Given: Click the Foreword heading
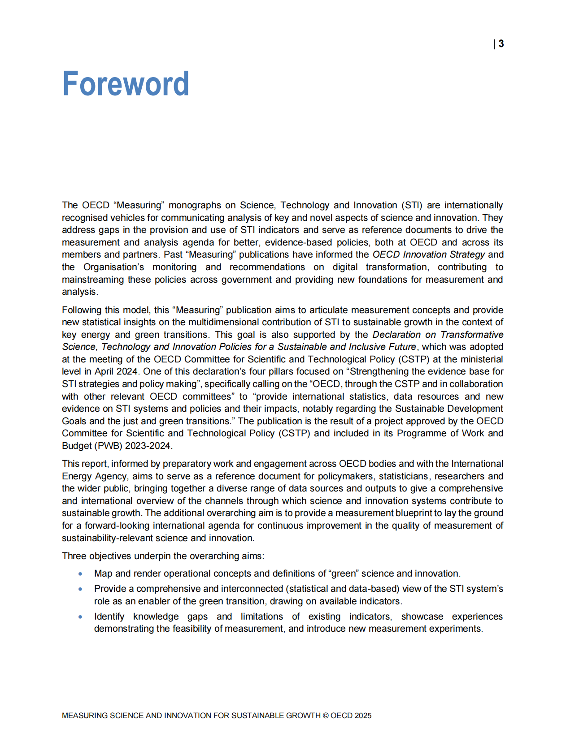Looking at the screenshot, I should [126, 84].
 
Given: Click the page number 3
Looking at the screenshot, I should [501, 44].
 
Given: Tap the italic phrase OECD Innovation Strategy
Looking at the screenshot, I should [428, 254].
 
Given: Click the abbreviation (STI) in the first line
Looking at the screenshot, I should [412, 205].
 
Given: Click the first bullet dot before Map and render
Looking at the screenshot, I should [80, 574].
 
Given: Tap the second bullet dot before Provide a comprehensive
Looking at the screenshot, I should [80, 589].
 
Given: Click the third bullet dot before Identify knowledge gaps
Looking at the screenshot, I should [80, 617].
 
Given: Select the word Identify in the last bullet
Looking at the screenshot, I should [109, 616].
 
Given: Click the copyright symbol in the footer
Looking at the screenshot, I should [325, 715].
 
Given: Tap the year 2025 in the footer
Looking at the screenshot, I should [363, 715].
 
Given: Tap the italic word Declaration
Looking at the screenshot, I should [396, 335].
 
